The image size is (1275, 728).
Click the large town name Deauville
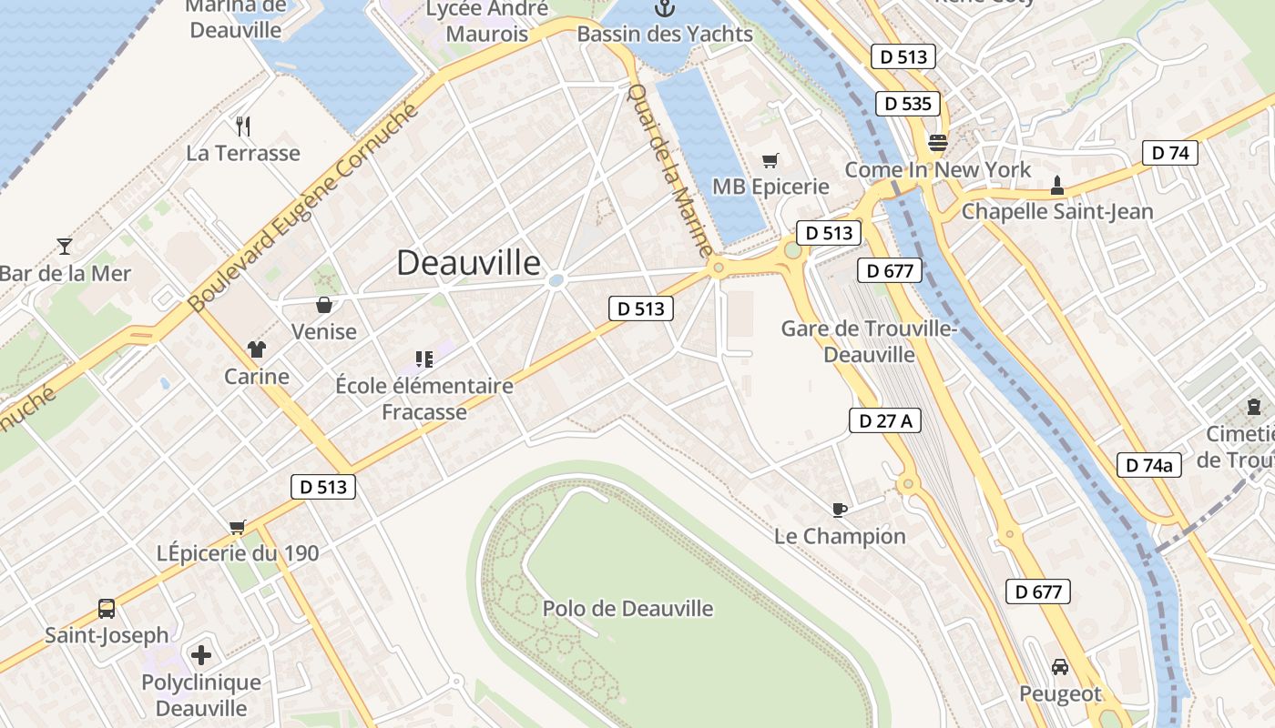pyautogui.click(x=469, y=263)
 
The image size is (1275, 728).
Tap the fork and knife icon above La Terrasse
pyautogui.click(x=242, y=126)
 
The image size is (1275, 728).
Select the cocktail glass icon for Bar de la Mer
pyautogui.click(x=64, y=246)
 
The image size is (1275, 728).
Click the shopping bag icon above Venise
pyautogui.click(x=323, y=304)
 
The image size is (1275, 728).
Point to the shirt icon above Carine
pyautogui.click(x=257, y=349)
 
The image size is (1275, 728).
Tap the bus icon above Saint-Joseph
pyautogui.click(x=107, y=608)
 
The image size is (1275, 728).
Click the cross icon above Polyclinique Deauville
pyautogui.click(x=201, y=654)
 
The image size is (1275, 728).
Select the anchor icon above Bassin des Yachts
pyautogui.click(x=665, y=9)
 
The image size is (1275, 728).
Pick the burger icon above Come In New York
pyautogui.click(x=937, y=143)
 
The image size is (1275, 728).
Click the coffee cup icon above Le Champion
pyautogui.click(x=839, y=510)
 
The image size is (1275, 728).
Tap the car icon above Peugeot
pyautogui.click(x=1060, y=667)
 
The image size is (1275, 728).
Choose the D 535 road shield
pyautogui.click(x=907, y=104)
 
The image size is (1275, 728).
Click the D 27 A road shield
pyautogui.click(x=885, y=420)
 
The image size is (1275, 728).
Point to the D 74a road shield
pyautogui.click(x=1148, y=465)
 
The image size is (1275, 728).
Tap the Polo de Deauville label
pyautogui.click(x=627, y=609)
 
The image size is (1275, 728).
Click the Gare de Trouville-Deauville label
pyautogui.click(x=870, y=341)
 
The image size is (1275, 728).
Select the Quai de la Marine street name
pyautogui.click(x=671, y=170)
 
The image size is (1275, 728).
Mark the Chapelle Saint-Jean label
pyautogui.click(x=1057, y=212)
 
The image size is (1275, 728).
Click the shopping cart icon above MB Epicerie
pyautogui.click(x=770, y=161)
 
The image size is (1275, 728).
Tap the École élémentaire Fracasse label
pyautogui.click(x=424, y=399)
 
